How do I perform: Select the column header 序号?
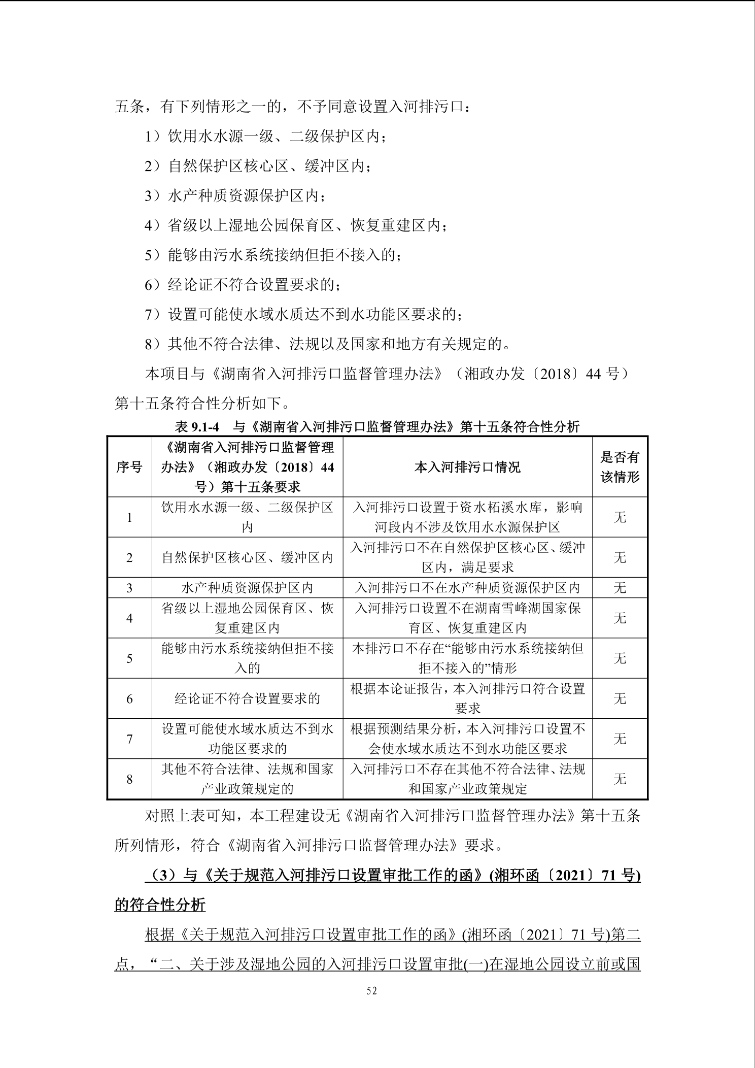coord(129,467)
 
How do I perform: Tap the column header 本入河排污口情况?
coord(467,467)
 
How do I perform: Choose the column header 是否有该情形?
coord(620,467)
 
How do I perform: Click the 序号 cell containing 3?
coord(129,588)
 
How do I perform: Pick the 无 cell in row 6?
coord(620,698)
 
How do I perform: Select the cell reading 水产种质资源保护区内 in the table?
coord(247,588)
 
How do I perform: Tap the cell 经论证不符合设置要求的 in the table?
coord(247,698)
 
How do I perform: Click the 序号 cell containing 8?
coord(129,779)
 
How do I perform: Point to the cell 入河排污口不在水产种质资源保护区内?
coord(467,588)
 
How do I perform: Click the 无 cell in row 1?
coord(620,517)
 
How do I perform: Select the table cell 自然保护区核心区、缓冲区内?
coord(247,557)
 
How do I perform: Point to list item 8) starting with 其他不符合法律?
coord(327,345)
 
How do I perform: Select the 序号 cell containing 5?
coord(129,658)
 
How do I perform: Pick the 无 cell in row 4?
coord(620,618)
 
